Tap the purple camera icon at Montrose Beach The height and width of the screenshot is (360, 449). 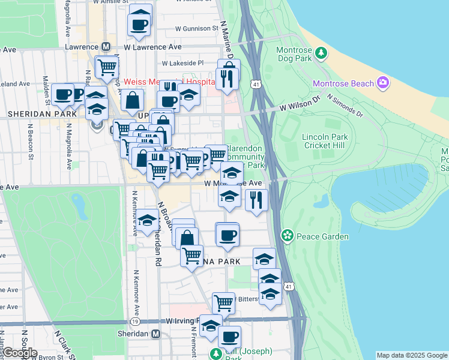click(382, 83)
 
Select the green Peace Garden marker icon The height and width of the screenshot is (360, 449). click(288, 236)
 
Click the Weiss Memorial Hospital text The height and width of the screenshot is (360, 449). click(169, 81)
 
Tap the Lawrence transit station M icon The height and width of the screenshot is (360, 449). click(106, 46)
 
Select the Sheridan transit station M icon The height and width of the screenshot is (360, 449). click(156, 334)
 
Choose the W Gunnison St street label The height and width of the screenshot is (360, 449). click(197, 28)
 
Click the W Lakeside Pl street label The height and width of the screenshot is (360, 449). click(183, 62)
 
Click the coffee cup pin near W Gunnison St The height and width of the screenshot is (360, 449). click(139, 25)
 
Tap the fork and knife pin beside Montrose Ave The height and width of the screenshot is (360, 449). click(256, 200)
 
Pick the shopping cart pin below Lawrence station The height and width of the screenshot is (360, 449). click(107, 67)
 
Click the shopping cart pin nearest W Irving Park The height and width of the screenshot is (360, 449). click(223, 302)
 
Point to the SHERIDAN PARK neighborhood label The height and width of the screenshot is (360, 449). click(42, 113)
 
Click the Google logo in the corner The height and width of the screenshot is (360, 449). click(19, 352)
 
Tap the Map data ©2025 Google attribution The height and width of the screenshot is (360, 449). click(412, 355)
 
